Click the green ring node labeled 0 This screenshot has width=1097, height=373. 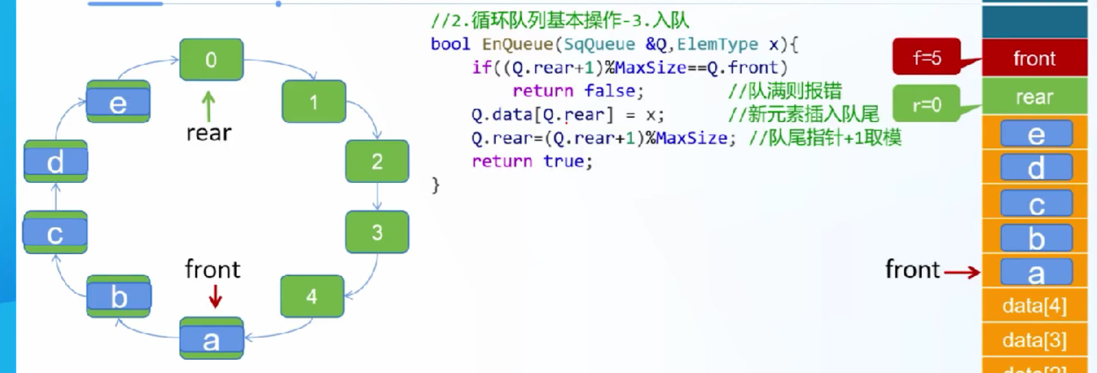pyautogui.click(x=211, y=60)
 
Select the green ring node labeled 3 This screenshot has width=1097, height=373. pyautogui.click(x=377, y=232)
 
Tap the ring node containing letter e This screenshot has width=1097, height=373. pyautogui.click(x=118, y=102)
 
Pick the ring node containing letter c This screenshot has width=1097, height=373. pyautogui.click(x=55, y=233)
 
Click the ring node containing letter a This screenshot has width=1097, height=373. pyautogui.click(x=212, y=338)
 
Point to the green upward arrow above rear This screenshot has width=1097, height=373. pyautogui.click(x=208, y=106)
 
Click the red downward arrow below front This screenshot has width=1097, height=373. pyautogui.click(x=215, y=296)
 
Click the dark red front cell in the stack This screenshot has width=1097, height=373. pyautogui.click(x=1035, y=58)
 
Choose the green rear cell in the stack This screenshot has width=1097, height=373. pyautogui.click(x=1035, y=96)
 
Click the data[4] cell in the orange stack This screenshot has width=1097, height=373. pyautogui.click(x=1035, y=306)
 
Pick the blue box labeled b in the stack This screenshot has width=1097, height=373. pyautogui.click(x=1036, y=238)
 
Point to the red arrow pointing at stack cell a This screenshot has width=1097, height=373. pyautogui.click(x=962, y=272)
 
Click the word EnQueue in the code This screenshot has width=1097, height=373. pyautogui.click(x=517, y=44)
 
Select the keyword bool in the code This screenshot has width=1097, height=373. pyautogui.click(x=450, y=44)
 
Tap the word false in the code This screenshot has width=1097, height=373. pyautogui.click(x=610, y=90)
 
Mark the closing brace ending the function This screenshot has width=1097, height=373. pyautogui.click(x=436, y=185)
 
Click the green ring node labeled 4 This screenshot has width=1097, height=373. pyautogui.click(x=312, y=296)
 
